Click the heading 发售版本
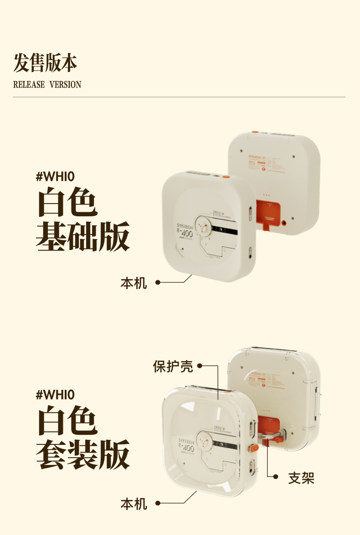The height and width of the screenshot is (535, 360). (x=45, y=63)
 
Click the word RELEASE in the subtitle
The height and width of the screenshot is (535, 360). (x=29, y=85)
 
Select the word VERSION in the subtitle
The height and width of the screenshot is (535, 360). (x=65, y=85)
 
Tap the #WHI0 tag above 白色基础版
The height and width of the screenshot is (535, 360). (x=55, y=176)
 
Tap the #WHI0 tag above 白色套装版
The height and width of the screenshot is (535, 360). (x=55, y=394)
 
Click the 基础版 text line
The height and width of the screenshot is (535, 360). (x=83, y=236)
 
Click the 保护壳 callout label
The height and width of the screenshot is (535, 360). (x=173, y=366)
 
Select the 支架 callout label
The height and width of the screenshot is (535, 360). (x=301, y=478)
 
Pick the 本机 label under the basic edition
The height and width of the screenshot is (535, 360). (x=134, y=283)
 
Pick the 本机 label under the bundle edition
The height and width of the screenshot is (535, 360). (x=134, y=504)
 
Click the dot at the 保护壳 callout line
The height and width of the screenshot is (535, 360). (x=199, y=366)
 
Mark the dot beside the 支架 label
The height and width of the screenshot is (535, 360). (x=276, y=477)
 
